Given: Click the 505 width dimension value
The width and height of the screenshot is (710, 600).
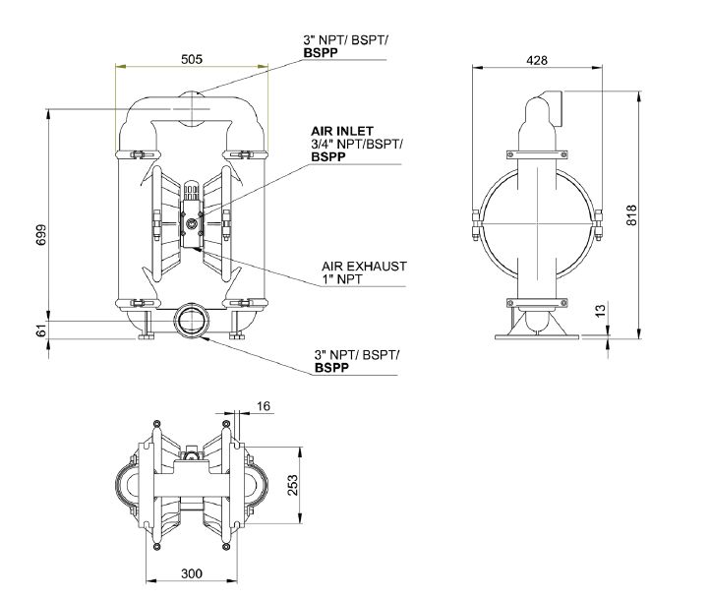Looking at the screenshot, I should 192,59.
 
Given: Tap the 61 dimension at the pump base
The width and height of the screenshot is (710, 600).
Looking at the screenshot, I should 41,330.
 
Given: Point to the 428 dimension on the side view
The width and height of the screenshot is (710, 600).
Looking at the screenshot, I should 536,60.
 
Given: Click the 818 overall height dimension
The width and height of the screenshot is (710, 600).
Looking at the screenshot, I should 631,214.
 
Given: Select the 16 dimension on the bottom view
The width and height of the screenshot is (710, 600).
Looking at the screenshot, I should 263,405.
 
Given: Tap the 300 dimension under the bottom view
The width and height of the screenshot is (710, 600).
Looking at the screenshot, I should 192,571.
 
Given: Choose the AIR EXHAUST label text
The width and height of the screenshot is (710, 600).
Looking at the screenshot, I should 364,267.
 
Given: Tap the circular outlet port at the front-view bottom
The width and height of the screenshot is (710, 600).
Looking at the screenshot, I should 191,321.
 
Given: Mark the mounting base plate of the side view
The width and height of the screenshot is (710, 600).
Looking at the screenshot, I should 535,339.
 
